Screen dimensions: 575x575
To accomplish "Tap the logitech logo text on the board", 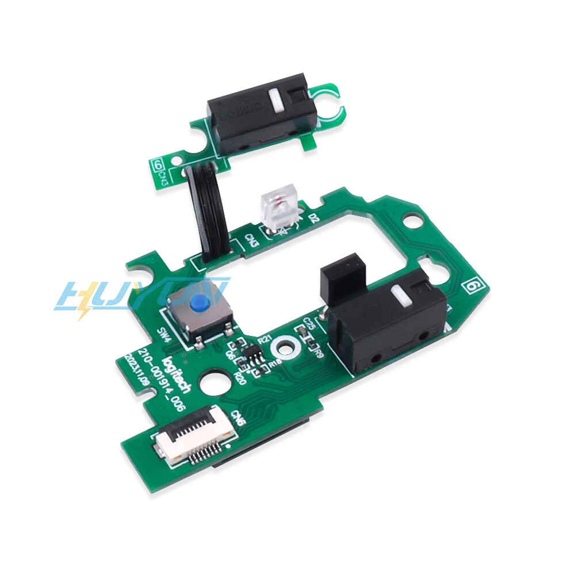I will point(178,377).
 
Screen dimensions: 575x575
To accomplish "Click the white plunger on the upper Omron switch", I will point(275,100).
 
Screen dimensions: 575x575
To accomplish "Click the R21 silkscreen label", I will point(265,340).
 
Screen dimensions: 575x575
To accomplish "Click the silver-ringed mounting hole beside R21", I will point(285,348).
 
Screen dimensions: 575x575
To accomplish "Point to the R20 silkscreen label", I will point(240,378).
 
